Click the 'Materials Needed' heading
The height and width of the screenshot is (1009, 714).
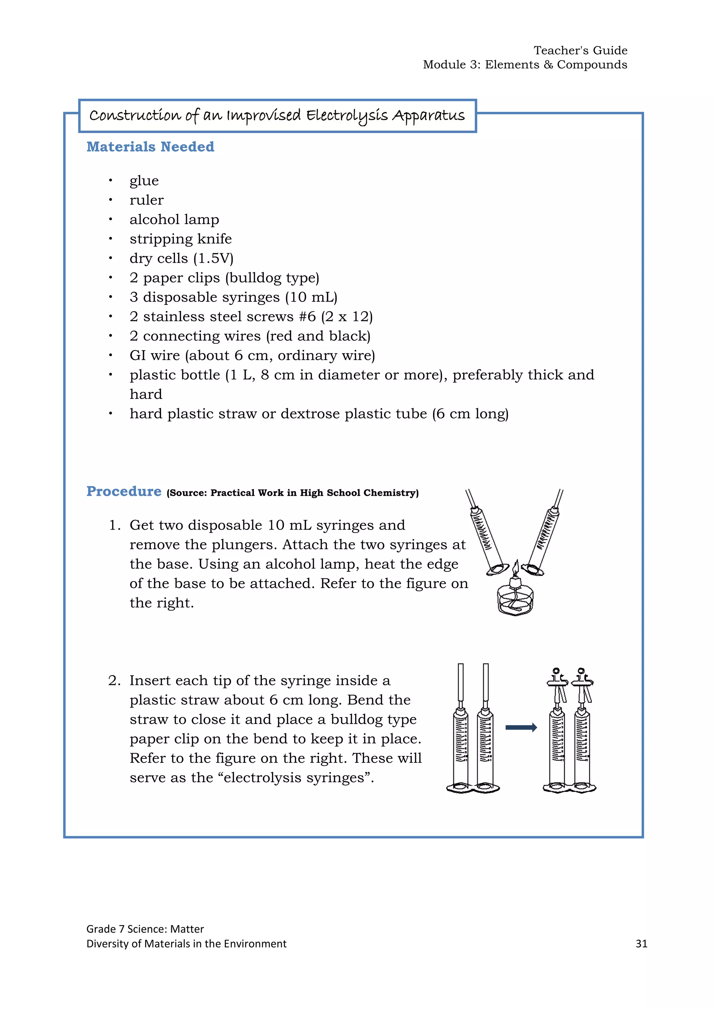[x=150, y=147]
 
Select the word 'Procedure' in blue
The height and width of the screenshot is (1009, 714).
[x=124, y=491]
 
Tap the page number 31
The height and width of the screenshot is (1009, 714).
[x=641, y=944]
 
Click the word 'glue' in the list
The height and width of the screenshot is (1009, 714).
[x=144, y=180]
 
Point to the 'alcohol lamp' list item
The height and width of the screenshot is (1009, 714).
[x=174, y=219]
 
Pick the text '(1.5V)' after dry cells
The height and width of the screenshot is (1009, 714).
[x=213, y=259]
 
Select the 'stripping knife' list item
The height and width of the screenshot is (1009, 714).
[x=180, y=239]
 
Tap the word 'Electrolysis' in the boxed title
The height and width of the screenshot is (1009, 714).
[x=347, y=116]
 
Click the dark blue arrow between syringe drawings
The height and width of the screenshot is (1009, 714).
[x=521, y=727]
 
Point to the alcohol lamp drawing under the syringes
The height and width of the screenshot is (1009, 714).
[x=515, y=599]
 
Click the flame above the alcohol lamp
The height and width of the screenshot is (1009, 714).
[x=517, y=567]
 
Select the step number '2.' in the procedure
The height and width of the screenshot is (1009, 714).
[x=114, y=681]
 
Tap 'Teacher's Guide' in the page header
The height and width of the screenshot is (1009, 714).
[x=580, y=51]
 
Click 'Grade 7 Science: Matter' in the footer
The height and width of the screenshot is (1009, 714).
[x=145, y=929]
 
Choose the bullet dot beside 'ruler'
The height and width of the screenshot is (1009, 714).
[x=111, y=200]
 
